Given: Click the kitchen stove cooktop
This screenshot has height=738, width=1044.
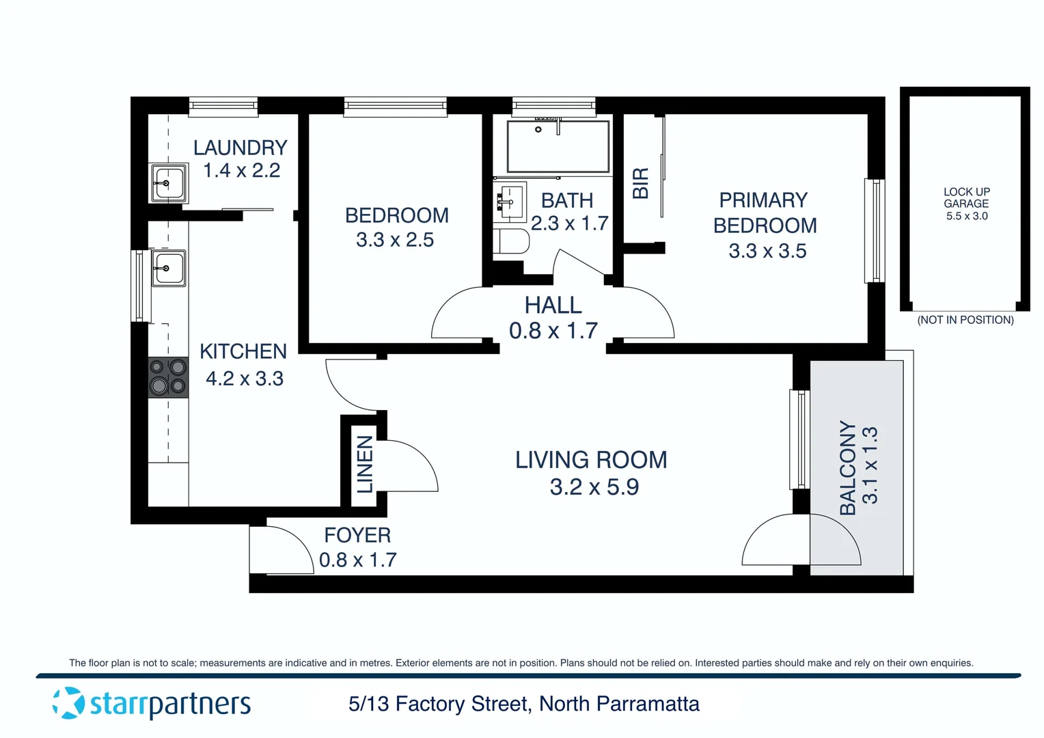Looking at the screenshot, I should tap(168, 377).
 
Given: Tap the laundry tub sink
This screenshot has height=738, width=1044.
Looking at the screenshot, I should tap(168, 183).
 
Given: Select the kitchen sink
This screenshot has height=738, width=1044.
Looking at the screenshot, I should tap(168, 269).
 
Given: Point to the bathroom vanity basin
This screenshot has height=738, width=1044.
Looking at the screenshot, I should tap(509, 202).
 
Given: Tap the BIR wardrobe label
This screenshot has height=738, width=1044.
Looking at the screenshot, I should tap(640, 183).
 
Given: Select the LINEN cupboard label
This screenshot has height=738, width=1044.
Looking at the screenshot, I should tap(365, 464).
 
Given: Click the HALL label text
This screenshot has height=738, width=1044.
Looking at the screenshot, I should tap(553, 305).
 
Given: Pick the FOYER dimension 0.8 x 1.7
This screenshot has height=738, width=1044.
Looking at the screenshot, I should tap(357, 560).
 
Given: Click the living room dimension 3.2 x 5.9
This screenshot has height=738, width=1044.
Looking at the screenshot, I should tap(594, 487).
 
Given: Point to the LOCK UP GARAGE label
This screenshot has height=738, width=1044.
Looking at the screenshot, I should tap(966, 197).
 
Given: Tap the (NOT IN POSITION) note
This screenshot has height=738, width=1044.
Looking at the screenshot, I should tap(965, 320).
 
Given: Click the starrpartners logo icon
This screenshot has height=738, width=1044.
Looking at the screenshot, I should tap(68, 703).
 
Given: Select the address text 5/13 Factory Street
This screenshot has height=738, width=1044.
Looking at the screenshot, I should tap(438, 704).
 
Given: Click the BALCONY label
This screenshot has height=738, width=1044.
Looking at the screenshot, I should tap(847, 467).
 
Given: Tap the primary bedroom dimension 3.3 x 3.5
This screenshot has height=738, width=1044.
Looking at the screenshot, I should tap(767, 251).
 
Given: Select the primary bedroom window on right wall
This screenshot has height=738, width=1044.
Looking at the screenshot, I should tap(874, 230).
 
